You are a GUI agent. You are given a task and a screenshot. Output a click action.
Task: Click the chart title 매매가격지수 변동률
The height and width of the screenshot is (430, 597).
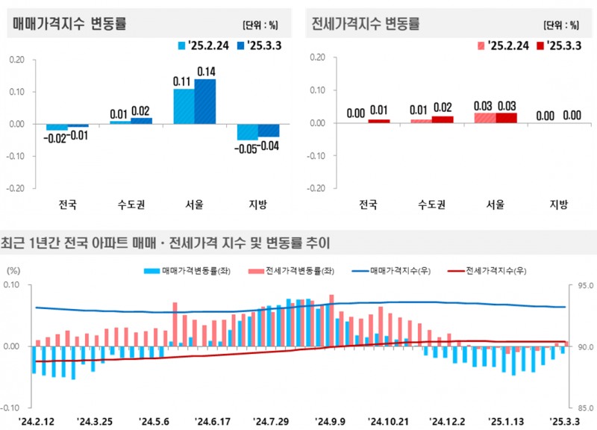coord(69,24)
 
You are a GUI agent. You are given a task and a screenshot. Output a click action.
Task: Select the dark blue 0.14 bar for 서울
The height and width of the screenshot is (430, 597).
coord(205,101)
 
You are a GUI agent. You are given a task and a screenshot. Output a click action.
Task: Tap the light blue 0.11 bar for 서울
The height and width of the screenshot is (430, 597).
coord(184,106)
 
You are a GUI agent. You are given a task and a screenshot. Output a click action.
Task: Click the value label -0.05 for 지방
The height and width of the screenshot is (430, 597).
coord(248,148)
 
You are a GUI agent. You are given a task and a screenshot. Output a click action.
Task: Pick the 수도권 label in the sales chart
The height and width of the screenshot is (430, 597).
coord(131,205)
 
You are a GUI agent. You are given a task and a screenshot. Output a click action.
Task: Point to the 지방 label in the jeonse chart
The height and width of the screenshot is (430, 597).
coord(559,205)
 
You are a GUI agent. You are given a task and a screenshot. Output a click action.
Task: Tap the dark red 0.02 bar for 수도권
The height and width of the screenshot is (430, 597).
coord(443,119)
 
